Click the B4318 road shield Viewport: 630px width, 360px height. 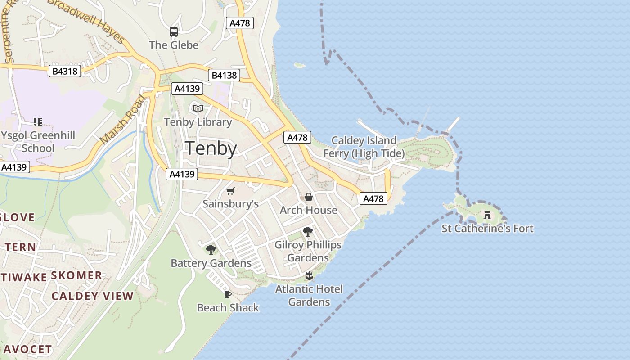[65, 71]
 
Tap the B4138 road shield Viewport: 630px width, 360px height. [224, 75]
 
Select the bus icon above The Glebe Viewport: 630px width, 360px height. [174, 31]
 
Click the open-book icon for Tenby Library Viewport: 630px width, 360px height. [198, 108]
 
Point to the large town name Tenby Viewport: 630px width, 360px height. [211, 148]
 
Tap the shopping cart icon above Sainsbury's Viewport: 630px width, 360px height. [230, 191]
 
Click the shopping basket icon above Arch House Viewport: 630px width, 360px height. [309, 197]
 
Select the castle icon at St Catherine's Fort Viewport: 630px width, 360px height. [487, 215]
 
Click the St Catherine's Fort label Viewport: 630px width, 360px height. [487, 229]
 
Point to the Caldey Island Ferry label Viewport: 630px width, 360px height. [364, 147]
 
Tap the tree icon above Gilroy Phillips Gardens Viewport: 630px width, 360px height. [308, 232]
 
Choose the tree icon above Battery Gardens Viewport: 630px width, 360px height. [211, 250]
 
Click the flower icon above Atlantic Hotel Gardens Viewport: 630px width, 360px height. [309, 276]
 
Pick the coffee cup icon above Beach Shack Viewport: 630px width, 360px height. [228, 295]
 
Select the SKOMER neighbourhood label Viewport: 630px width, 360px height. [76, 275]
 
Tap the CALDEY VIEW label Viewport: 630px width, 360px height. [92, 296]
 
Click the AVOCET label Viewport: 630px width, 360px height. [28, 349]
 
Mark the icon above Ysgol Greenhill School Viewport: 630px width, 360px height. [38, 122]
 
